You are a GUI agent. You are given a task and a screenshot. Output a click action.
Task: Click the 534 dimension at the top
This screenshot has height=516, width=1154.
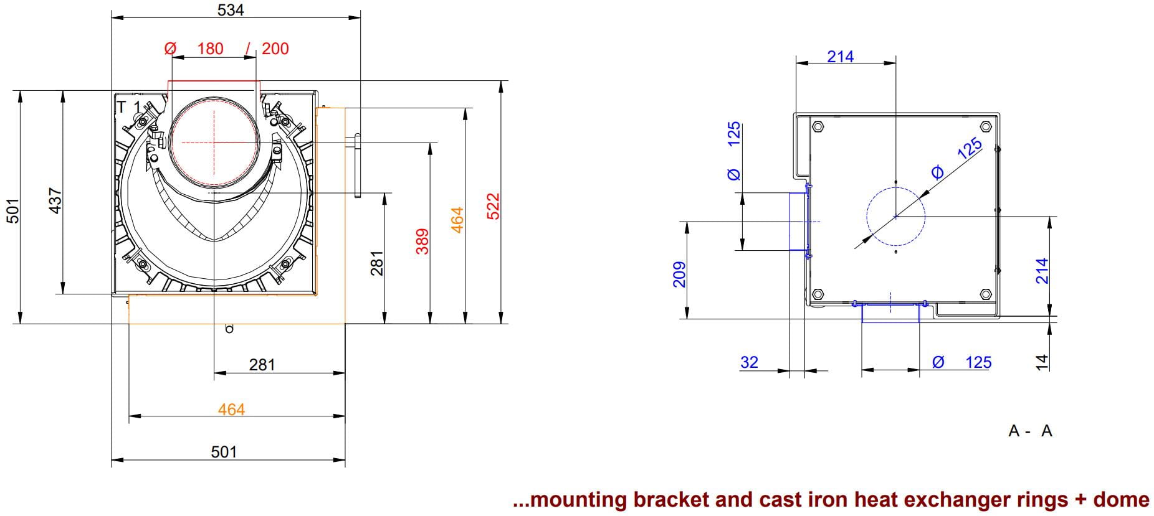(x=231, y=10)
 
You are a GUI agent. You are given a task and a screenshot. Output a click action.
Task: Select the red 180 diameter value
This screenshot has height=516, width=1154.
(x=210, y=49)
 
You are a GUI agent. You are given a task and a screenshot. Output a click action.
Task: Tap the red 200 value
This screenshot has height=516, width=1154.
(x=275, y=49)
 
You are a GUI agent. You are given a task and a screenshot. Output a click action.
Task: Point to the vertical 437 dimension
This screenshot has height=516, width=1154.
(x=55, y=201)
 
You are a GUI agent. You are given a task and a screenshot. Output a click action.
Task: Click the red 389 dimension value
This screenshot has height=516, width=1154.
(x=422, y=242)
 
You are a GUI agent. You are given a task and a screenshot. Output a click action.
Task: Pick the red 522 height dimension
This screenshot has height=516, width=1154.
(x=493, y=206)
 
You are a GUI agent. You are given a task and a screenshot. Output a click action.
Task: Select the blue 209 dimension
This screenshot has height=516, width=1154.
(x=679, y=274)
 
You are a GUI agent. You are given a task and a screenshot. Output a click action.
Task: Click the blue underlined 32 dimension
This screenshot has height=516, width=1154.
(x=749, y=362)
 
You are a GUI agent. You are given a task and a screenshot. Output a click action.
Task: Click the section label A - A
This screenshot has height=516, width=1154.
(x=1030, y=431)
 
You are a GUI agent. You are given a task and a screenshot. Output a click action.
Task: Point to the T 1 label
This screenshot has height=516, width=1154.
(x=130, y=107)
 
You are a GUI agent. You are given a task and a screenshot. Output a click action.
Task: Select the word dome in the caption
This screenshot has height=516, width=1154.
(x=1120, y=500)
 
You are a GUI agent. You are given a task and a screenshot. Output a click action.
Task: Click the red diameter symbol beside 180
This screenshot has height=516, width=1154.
(x=170, y=49)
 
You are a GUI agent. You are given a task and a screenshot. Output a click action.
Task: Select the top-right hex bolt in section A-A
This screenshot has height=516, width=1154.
(x=985, y=127)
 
